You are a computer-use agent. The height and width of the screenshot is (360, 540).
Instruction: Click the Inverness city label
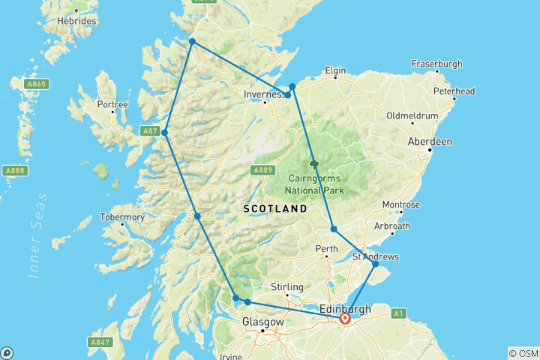coord(263,94)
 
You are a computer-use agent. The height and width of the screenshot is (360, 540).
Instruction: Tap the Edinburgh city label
coord(345,308)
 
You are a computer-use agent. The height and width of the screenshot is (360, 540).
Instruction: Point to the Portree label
coord(113,104)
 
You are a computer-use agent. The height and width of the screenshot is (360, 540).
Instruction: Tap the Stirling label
coord(286,286)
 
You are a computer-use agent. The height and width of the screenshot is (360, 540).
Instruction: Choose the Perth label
coord(326,247)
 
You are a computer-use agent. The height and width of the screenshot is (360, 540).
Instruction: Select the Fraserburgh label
coord(436,64)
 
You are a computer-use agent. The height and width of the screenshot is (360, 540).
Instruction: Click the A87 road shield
coord(151,131)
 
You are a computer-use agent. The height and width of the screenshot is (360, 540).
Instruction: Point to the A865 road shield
coord(35,84)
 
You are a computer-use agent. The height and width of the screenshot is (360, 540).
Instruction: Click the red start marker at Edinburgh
coord(345,319)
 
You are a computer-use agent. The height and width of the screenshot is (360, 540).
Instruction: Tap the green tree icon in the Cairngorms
coord(313,163)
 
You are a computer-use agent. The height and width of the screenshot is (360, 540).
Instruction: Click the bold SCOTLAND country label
coord(274,208)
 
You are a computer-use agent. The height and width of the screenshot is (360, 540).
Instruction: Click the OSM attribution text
coord(523,353)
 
